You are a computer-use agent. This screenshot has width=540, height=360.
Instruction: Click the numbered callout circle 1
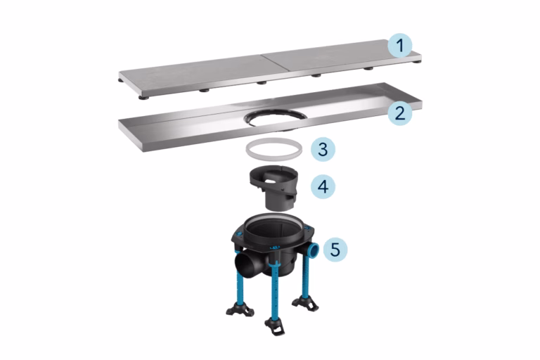click(x=400, y=46)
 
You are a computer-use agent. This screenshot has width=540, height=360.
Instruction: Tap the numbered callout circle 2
click(x=400, y=113)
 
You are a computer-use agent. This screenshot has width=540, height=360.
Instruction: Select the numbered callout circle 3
click(x=323, y=149)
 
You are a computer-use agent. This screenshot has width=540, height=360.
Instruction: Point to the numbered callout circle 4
click(x=323, y=186)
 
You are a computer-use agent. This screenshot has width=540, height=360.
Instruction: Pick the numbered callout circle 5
click(x=335, y=249)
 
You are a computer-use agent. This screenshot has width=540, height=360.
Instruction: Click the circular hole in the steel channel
click(x=274, y=119)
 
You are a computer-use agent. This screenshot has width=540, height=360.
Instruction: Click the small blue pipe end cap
click(x=314, y=249)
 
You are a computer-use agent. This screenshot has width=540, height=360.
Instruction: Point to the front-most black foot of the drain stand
click(x=275, y=326)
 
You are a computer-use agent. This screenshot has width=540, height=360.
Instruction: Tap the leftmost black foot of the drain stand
click(x=240, y=309)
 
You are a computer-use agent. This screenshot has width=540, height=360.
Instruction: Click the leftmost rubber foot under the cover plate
click(x=120, y=81)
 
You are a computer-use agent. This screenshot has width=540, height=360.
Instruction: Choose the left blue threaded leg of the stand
click(x=240, y=285)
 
